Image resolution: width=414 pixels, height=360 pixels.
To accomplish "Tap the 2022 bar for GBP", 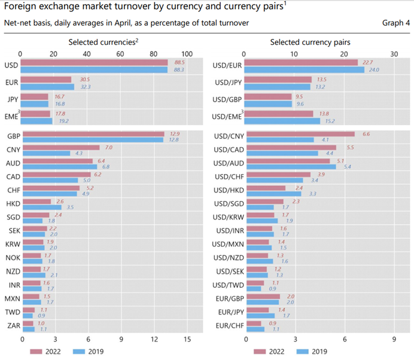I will point(93,134).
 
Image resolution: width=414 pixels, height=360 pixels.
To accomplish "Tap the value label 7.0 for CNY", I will point(108,147).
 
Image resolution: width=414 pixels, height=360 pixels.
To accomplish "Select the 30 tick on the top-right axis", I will point(394,53).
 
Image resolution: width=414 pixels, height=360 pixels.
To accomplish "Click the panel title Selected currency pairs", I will point(310,42).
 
